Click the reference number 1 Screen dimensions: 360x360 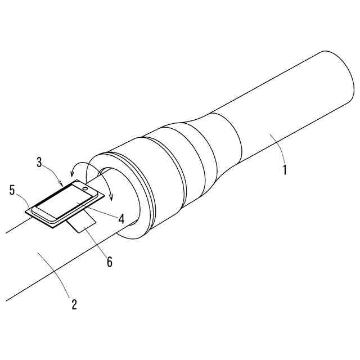point(285,169)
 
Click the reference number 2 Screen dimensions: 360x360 point(74,305)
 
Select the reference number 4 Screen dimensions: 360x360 point(121,219)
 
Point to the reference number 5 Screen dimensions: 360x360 point(12,190)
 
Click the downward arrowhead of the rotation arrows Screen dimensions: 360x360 point(111,197)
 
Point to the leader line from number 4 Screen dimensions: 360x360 point(101,212)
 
